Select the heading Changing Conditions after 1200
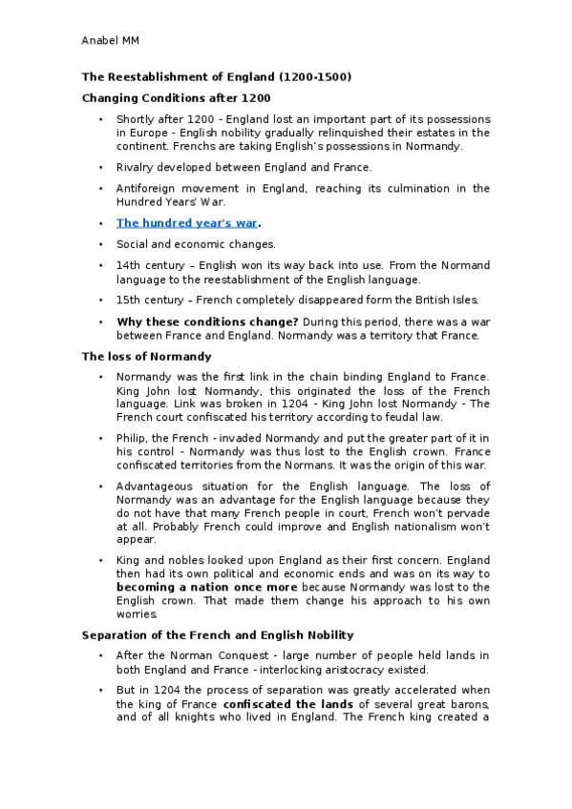[x=176, y=97]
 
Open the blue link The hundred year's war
[x=186, y=224]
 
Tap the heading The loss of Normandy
[x=146, y=356]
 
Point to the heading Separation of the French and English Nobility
[x=218, y=634]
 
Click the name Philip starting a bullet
[x=131, y=437]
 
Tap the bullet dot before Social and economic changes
[x=100, y=244]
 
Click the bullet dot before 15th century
[x=100, y=300]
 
